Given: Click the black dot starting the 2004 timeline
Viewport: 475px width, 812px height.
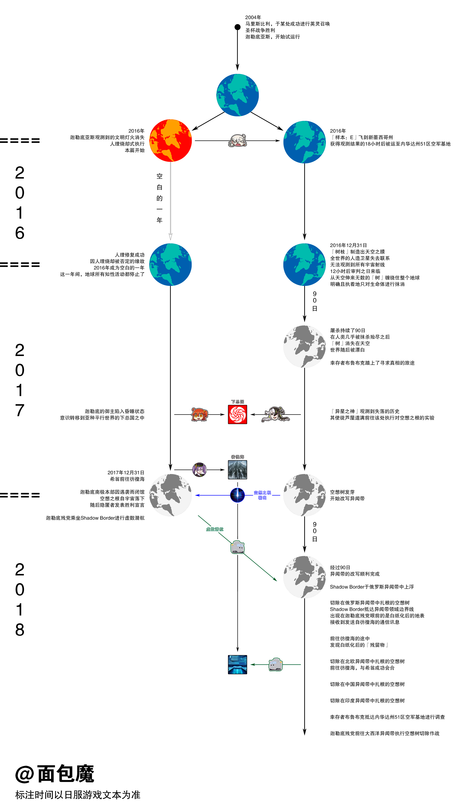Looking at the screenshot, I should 237,27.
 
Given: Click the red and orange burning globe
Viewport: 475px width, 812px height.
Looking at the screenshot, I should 171,140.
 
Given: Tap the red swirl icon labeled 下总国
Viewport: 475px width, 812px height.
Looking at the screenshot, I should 237,414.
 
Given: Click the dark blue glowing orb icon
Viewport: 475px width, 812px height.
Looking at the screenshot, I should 237,495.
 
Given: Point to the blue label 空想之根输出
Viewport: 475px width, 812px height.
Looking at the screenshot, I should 262,495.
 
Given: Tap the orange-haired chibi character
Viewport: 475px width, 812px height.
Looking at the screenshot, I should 200,414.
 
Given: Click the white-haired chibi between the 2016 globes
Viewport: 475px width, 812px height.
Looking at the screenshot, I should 237,140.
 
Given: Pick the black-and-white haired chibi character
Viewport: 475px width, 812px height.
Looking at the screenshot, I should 275,414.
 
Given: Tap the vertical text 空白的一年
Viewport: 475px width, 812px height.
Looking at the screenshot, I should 160,198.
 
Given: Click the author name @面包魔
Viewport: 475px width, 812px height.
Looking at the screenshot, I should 55,774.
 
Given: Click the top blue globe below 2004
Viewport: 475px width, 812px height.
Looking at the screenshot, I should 237,95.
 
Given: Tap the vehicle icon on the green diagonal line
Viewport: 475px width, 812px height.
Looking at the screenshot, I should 237,547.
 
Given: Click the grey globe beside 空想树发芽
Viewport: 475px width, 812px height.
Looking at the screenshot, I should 304,495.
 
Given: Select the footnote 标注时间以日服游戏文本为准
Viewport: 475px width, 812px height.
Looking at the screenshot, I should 78,795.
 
